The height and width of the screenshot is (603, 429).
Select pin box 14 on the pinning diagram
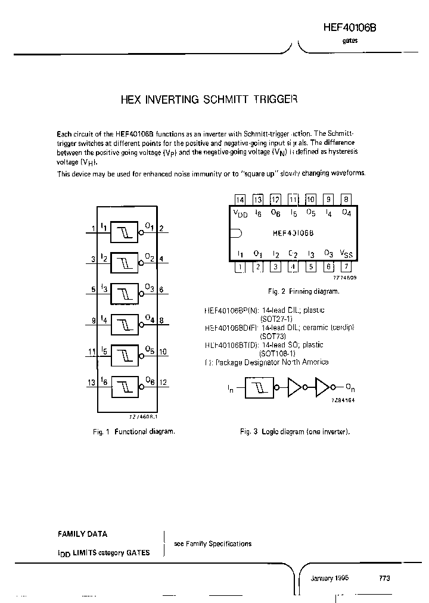click(240, 200)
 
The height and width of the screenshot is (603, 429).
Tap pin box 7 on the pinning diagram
click(346, 266)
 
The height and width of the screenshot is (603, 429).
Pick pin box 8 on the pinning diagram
click(346, 200)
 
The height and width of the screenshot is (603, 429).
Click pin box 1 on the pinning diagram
click(240, 266)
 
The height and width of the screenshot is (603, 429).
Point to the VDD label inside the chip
click(240, 213)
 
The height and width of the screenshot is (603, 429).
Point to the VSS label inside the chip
click(346, 254)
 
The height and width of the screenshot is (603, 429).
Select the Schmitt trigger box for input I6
click(124, 385)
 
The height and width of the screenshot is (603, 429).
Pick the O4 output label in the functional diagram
click(150, 319)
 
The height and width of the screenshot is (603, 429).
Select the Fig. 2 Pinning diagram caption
click(302, 291)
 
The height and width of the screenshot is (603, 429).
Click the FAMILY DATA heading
click(82, 534)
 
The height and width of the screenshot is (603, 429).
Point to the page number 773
click(384, 579)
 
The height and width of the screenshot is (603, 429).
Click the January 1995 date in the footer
click(329, 579)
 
